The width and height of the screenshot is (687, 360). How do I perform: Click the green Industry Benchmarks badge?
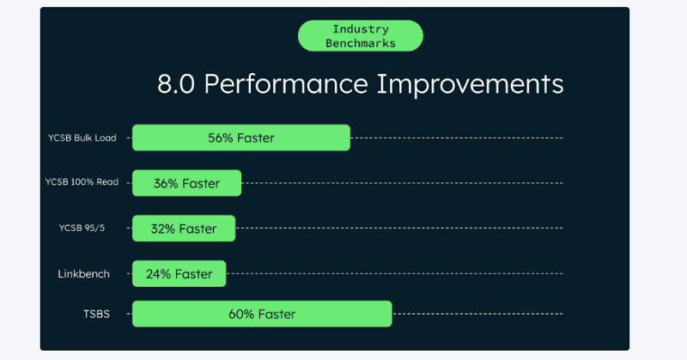click(360, 36)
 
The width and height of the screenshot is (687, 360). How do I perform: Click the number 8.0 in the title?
click(176, 83)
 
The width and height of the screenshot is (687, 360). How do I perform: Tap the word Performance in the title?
click(286, 83)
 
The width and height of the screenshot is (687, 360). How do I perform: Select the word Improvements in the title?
click(470, 83)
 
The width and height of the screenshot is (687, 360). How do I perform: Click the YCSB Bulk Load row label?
click(82, 137)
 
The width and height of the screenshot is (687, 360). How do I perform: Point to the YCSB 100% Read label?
click(82, 182)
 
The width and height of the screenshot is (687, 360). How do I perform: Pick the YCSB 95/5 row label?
click(82, 228)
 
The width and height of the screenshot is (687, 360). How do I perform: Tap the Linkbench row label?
click(83, 274)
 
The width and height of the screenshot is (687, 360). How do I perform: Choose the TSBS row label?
click(96, 314)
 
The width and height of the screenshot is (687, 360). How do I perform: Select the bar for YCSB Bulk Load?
click(241, 137)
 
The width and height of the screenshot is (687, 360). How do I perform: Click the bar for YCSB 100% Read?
click(186, 183)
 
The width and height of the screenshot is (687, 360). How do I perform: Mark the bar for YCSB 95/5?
click(184, 228)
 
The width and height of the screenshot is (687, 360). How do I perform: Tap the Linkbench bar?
click(179, 273)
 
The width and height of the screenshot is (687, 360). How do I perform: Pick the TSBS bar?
click(262, 314)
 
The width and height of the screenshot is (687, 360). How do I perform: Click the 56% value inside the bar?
click(221, 138)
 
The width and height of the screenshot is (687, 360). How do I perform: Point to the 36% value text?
click(166, 183)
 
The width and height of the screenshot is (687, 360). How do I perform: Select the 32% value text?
click(163, 229)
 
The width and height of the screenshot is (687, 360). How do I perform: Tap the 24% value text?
click(158, 274)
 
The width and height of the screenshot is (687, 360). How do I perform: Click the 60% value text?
click(241, 314)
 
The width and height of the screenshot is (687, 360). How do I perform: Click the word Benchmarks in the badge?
click(361, 44)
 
